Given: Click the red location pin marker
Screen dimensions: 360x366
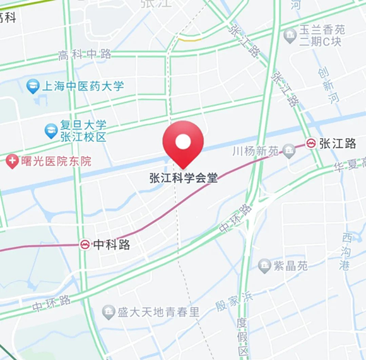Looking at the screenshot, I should click(x=183, y=142).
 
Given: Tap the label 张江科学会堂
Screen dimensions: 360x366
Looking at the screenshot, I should click(x=183, y=178).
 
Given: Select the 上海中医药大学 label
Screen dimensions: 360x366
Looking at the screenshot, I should click(x=83, y=86).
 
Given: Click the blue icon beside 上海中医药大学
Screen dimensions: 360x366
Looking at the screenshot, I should click(x=33, y=86).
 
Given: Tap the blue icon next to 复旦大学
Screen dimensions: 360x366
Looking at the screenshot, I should click(x=51, y=131).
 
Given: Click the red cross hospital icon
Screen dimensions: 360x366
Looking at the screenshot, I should click(x=12, y=161).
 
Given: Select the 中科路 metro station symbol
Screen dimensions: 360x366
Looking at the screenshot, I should click(x=85, y=245).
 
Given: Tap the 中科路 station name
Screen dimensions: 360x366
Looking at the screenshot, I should click(x=112, y=245).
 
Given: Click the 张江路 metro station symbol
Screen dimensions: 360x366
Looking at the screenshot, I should click(x=311, y=143).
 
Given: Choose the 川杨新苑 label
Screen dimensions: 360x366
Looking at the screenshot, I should click(x=256, y=151).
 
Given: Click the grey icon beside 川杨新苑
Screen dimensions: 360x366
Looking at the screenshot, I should click(x=289, y=150).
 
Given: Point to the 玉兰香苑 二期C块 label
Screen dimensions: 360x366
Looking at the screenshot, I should click(x=322, y=36).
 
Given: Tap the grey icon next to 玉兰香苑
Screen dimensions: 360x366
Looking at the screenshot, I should click(x=290, y=34).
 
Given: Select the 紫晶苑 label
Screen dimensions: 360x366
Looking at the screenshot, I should click(x=292, y=266).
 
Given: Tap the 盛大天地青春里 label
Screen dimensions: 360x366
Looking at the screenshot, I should click(x=158, y=312).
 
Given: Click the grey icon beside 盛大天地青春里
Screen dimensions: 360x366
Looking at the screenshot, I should click(x=109, y=311).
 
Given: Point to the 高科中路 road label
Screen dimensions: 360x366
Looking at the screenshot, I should click(x=85, y=55).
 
